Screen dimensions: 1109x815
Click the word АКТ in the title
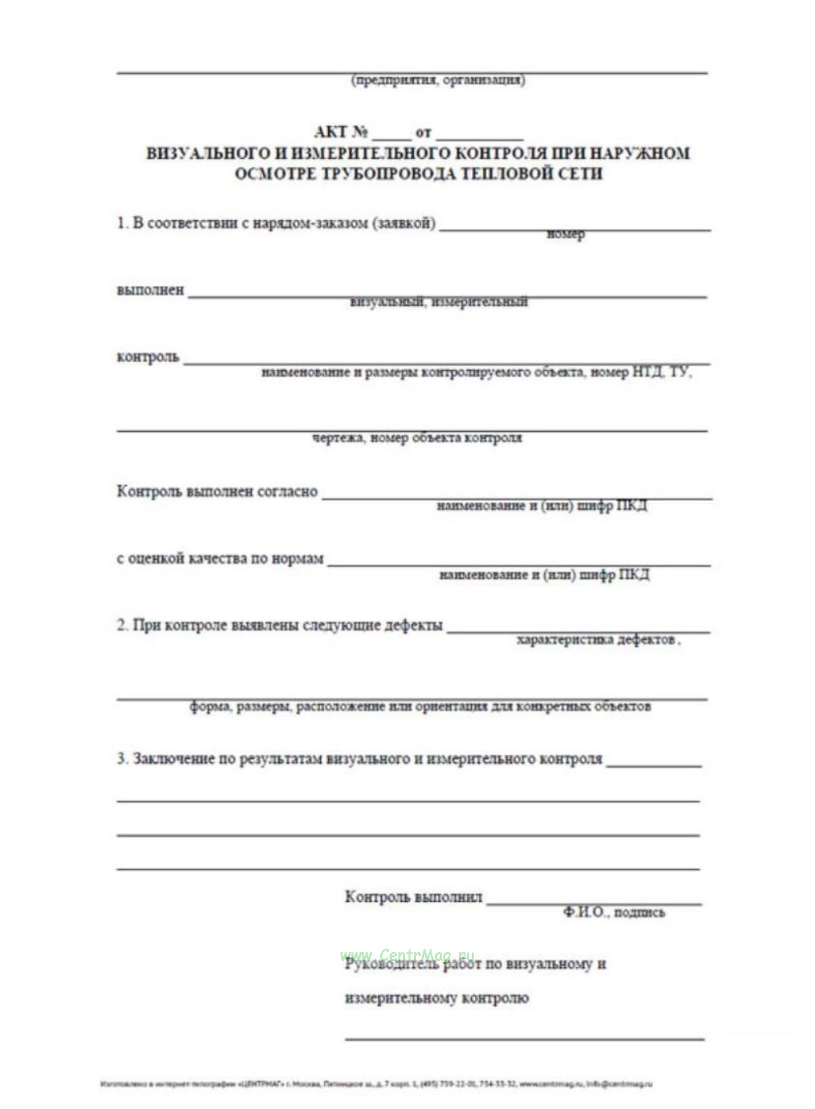coord(331,132)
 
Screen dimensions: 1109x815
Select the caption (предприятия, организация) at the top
coord(438,80)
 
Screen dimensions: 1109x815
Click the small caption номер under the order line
coord(566,234)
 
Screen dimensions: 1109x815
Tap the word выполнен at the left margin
coord(150,290)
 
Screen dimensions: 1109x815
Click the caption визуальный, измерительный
coord(438,302)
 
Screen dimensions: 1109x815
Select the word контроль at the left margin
coord(148,357)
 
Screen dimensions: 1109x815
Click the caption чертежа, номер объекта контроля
coord(417,438)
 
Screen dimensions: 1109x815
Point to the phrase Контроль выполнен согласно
coord(217,491)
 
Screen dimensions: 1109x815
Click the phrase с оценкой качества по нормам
coord(220,559)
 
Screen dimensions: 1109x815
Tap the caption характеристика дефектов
coord(596,640)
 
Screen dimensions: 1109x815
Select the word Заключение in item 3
coord(173,759)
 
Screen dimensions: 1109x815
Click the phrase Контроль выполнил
coord(413,897)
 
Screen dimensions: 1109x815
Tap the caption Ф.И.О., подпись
coord(613,912)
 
